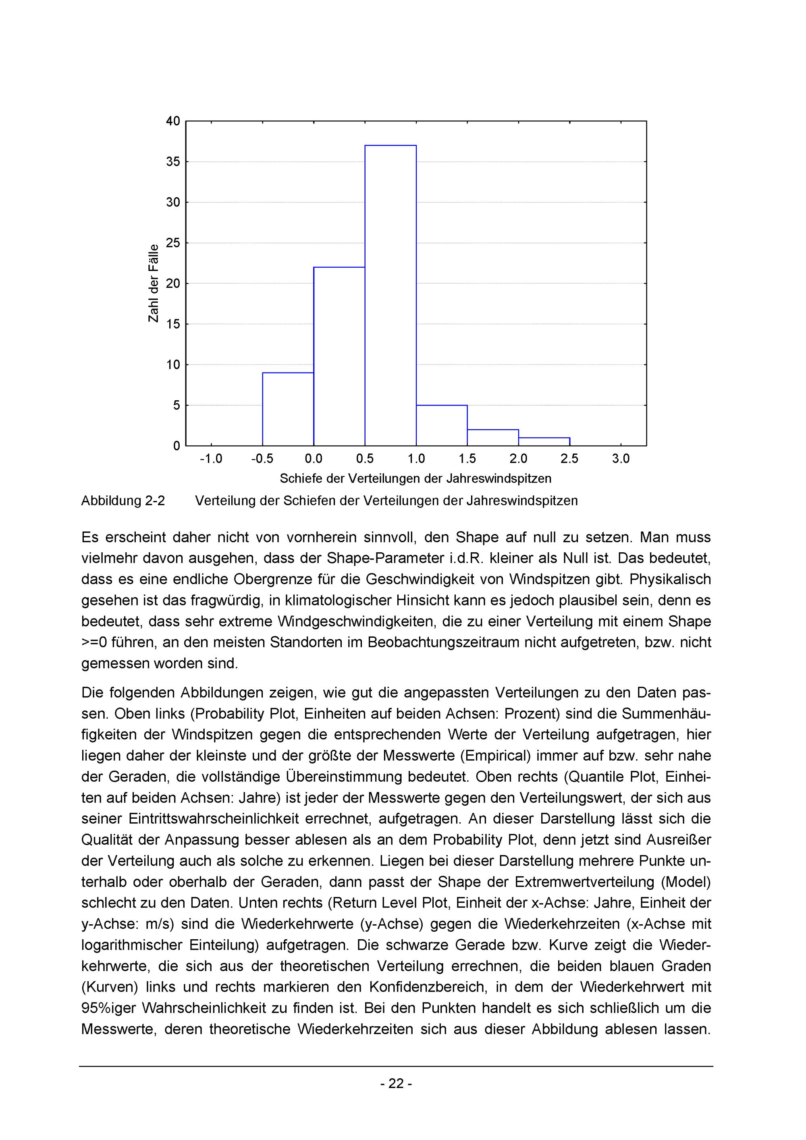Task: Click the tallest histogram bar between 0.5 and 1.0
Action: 390,295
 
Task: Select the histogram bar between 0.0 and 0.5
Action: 339,356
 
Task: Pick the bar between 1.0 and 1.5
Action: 442,426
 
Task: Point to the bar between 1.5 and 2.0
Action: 493,437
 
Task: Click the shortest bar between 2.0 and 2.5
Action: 544,441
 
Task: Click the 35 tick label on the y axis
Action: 173,162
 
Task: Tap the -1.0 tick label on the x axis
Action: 211,459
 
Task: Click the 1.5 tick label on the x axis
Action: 467,459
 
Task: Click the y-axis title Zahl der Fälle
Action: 154,283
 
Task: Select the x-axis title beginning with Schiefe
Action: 415,478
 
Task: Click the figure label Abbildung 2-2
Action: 123,501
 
